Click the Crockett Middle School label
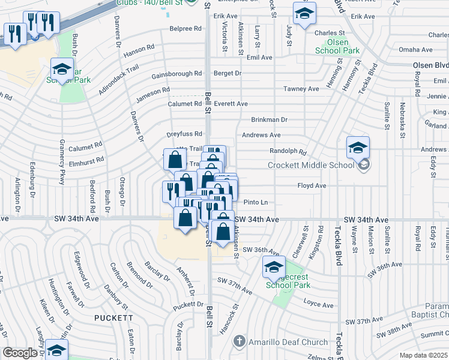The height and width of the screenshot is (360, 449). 313,166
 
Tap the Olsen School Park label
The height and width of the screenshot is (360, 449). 337,47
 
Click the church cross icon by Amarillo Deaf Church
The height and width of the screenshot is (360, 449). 239,341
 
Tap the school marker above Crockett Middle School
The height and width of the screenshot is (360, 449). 358,148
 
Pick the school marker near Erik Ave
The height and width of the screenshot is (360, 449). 304,13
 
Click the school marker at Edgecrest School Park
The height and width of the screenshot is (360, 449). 274,267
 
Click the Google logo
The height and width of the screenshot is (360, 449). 20,353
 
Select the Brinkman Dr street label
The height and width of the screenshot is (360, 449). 269,120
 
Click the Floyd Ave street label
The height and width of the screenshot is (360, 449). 312,186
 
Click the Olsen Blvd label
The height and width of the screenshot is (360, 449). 430,65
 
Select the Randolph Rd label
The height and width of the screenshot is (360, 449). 288,153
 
